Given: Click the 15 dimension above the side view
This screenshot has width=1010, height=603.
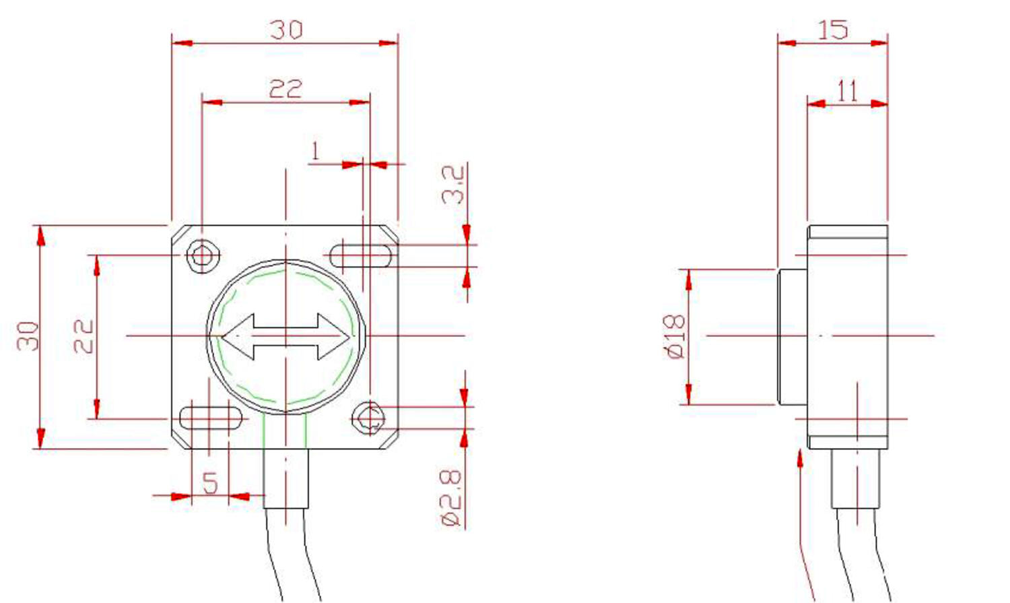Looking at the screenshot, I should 832,30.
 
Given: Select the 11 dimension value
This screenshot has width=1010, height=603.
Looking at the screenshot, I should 847,91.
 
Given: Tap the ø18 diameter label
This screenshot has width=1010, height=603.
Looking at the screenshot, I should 675,336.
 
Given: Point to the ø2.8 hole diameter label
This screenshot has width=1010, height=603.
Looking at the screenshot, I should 451,499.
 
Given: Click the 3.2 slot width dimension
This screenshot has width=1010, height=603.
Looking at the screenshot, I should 453,185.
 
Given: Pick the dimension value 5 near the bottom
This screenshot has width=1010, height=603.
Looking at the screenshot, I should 210,484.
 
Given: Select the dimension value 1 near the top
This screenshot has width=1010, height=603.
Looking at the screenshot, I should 315,152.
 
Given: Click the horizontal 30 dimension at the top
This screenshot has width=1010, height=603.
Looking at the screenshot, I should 286,30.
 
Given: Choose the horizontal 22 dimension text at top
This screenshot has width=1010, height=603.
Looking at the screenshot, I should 285,89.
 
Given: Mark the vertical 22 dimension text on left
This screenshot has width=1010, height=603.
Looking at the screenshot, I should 83,336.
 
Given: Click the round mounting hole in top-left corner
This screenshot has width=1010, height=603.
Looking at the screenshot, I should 202,256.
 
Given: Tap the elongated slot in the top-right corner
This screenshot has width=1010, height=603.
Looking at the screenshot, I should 362,255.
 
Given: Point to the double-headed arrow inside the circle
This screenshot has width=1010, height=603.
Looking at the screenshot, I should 286,336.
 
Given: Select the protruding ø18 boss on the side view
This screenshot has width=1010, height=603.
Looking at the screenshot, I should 793,336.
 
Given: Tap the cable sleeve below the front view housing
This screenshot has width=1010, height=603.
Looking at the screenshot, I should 286,478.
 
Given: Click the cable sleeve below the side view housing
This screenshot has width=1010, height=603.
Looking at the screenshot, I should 856,478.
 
